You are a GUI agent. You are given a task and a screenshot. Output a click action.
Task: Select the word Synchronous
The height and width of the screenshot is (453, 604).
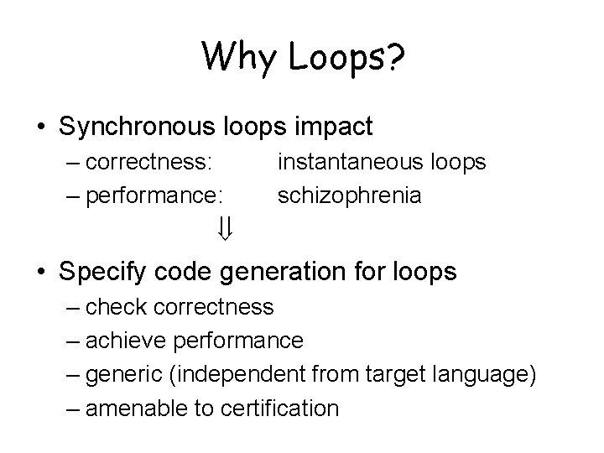139,127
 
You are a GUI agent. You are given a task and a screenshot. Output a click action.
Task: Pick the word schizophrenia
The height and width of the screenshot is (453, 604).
350,195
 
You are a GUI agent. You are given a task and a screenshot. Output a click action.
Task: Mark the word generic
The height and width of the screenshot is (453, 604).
131,374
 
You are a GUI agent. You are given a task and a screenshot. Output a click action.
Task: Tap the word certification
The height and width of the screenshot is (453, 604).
279,409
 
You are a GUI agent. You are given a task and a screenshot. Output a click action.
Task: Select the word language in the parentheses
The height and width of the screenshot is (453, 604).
488,374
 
